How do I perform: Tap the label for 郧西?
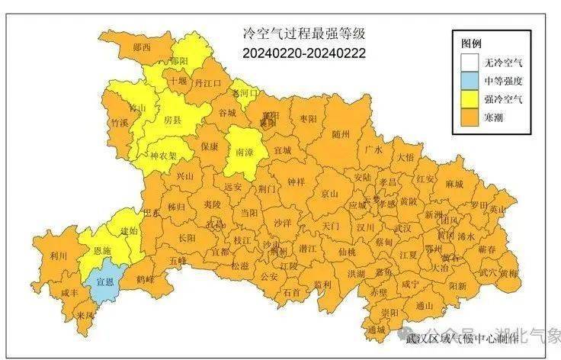point(142,47)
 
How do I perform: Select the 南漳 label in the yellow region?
point(245,151)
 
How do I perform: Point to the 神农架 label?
point(162,155)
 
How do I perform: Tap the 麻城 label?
point(454,184)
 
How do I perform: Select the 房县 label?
point(173,121)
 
